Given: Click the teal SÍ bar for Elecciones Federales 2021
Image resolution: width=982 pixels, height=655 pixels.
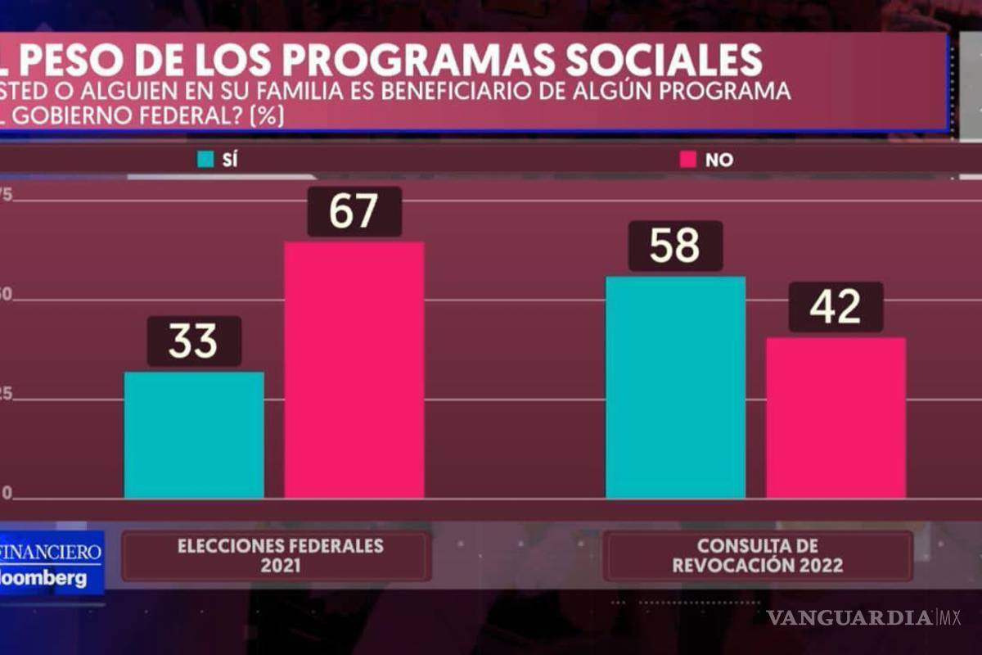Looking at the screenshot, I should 194,435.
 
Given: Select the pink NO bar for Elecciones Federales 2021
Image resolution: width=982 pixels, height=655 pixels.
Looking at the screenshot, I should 354,369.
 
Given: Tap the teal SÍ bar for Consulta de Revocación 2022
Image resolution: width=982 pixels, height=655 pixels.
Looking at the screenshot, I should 675,386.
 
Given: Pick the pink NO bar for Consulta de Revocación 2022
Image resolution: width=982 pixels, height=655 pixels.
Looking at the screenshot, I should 836,417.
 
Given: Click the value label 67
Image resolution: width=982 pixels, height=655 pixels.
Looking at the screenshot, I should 354,211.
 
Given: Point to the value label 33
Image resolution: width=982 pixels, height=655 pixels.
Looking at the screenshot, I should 194,341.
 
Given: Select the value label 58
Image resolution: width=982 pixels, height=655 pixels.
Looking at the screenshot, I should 675,246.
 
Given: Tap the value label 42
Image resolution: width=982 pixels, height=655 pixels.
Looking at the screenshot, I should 836,307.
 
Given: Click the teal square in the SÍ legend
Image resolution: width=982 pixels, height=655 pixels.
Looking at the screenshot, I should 205,160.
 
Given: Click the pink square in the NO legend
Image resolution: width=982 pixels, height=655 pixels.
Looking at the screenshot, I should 687,160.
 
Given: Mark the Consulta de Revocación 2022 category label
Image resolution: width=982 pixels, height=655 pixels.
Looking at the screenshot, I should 757,556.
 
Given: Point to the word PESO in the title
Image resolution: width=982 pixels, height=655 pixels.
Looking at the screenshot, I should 69,60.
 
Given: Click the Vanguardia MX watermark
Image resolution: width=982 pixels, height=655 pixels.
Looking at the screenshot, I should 863,617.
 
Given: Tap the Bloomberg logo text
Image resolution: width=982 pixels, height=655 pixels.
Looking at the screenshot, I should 45,578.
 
